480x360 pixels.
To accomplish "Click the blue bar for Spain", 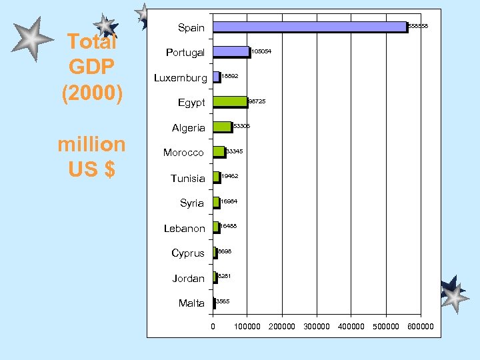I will (x=309, y=27).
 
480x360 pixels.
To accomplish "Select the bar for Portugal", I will (x=231, y=51).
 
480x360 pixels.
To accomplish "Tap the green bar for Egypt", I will (x=230, y=102).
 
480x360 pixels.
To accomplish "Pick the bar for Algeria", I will (x=222, y=127).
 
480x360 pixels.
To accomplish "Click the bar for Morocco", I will (x=219, y=152).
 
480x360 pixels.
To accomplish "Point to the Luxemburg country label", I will (x=181, y=78).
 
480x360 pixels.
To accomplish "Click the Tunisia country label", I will (x=188, y=178).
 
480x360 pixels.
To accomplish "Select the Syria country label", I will (x=192, y=203).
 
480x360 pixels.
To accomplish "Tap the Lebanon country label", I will (x=185, y=229).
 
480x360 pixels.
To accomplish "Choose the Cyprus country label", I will (x=188, y=253).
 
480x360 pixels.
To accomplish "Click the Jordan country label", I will (x=189, y=279).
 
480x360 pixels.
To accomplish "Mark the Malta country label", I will (x=191, y=303).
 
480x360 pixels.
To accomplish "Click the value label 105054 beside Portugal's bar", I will (x=261, y=51).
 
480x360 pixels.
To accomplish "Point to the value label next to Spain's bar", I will (x=417, y=26).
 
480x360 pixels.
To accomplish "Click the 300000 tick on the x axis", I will (x=317, y=327).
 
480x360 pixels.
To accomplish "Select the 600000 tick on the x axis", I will (x=421, y=327).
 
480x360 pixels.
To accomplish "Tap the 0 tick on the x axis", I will (x=213, y=327).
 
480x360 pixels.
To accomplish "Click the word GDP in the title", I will (x=92, y=67).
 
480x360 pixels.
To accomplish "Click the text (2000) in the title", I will (x=92, y=93).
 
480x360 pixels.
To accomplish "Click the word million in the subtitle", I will (x=91, y=144).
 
